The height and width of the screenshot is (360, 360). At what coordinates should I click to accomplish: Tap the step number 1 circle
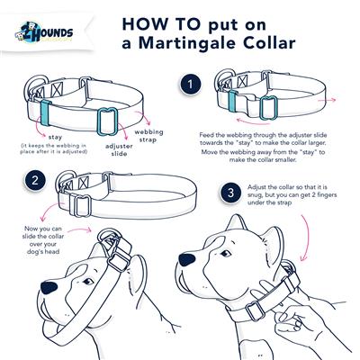190,85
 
